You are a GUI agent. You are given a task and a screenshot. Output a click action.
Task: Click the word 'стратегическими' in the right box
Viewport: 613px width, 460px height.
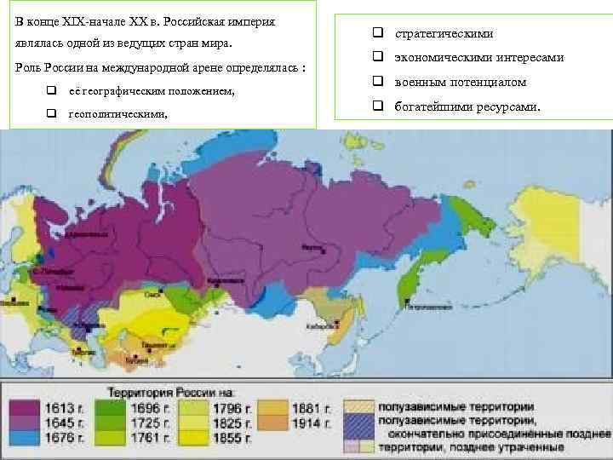[444, 33]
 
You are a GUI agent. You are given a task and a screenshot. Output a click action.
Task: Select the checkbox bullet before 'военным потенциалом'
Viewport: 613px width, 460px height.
[374, 83]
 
